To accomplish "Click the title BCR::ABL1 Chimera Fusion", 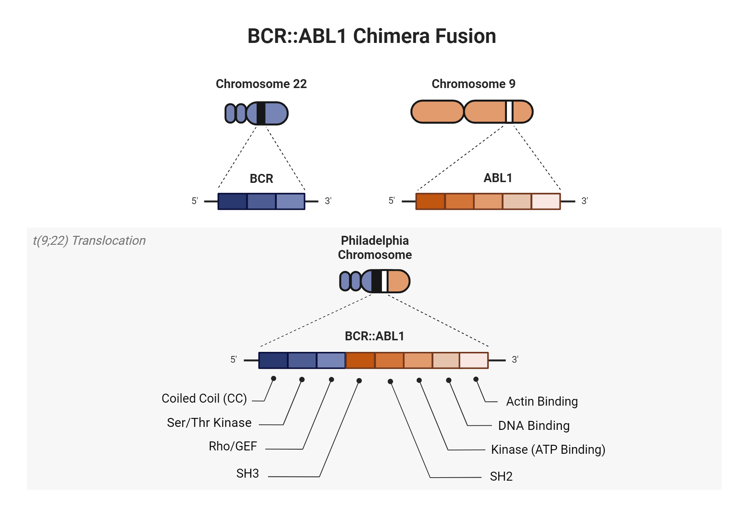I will [x=372, y=36].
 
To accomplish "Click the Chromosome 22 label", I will [x=261, y=84].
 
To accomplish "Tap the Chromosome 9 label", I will [x=473, y=84].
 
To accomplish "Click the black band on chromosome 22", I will [x=261, y=113].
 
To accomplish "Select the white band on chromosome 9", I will [x=509, y=112].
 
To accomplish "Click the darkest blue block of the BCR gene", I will [x=232, y=202].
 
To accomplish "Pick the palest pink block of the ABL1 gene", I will [x=546, y=202].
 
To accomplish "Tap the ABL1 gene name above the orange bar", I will [x=498, y=178].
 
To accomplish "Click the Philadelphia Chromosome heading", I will [x=374, y=247].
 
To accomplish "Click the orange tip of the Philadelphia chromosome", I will [x=398, y=281].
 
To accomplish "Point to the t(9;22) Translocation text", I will [x=89, y=241].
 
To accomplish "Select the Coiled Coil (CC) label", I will [x=204, y=399].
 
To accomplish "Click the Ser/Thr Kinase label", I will [x=209, y=423].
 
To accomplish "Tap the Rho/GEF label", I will [x=233, y=446].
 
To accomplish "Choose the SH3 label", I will [x=247, y=474].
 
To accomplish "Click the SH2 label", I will [x=501, y=477].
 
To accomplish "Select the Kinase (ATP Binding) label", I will [x=548, y=450].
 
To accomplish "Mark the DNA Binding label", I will [x=534, y=426].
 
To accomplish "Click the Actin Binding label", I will [x=542, y=402].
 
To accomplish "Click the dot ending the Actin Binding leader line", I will [x=476, y=379].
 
